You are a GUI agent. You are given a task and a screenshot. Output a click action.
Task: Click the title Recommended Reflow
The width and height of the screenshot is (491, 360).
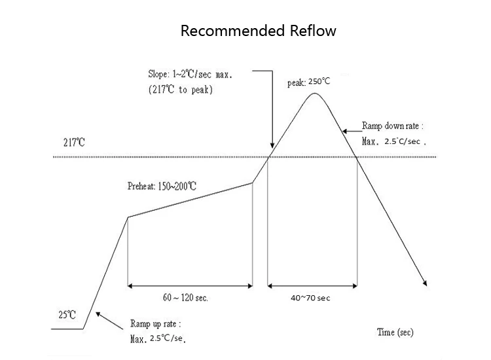tap(259, 31)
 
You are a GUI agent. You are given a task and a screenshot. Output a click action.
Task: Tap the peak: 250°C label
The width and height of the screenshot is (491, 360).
tap(309, 82)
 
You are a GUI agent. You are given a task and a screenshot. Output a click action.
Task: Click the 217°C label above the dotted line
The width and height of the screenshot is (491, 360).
tap(74, 142)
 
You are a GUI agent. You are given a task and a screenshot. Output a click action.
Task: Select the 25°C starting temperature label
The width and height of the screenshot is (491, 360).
tap(67, 315)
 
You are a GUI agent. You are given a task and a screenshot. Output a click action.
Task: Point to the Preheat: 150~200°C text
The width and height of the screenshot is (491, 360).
tap(162, 186)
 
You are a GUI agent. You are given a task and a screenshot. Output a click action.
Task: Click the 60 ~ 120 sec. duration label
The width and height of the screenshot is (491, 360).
tap(185, 298)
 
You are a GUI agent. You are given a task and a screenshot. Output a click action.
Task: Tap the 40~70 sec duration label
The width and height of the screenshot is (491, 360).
tap(310, 298)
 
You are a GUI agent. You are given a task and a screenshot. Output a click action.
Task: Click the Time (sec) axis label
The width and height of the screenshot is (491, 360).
tap(395, 333)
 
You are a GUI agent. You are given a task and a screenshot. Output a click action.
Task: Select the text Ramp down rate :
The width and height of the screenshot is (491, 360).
tap(393, 126)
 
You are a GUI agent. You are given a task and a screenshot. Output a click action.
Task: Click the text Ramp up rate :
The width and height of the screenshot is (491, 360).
tap(155, 324)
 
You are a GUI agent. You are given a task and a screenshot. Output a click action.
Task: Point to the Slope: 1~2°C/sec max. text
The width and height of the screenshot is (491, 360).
tap(191, 75)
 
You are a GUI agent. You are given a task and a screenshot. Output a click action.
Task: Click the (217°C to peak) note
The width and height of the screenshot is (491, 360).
tap(180, 90)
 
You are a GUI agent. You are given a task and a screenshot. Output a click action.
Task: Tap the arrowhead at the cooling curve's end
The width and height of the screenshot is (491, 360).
tap(426, 283)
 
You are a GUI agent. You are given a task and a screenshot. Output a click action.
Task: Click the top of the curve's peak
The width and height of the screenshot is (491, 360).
tap(315, 94)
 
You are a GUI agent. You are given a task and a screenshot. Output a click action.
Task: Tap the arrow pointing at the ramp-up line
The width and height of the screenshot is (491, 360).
tap(100, 315)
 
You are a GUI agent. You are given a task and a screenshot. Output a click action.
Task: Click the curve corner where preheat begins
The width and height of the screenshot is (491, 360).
tap(127, 217)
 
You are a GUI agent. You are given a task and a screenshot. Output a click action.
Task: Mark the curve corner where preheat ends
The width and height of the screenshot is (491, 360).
tap(253, 183)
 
